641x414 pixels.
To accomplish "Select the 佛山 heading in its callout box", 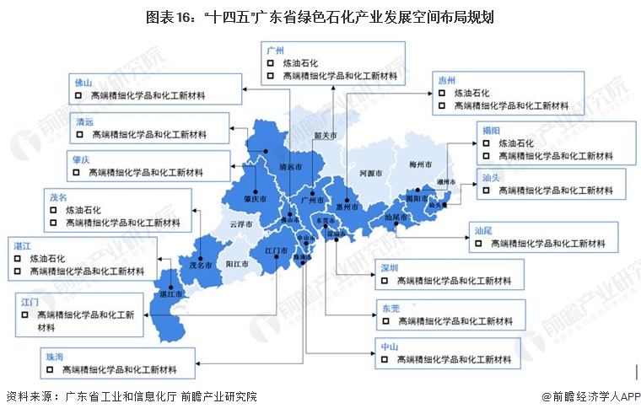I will [83, 83].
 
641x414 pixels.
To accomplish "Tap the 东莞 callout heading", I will [390, 308].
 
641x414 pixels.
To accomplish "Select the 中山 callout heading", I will [389, 346].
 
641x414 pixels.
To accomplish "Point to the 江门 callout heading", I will [30, 300].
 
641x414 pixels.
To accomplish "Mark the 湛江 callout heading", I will [23, 245].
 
